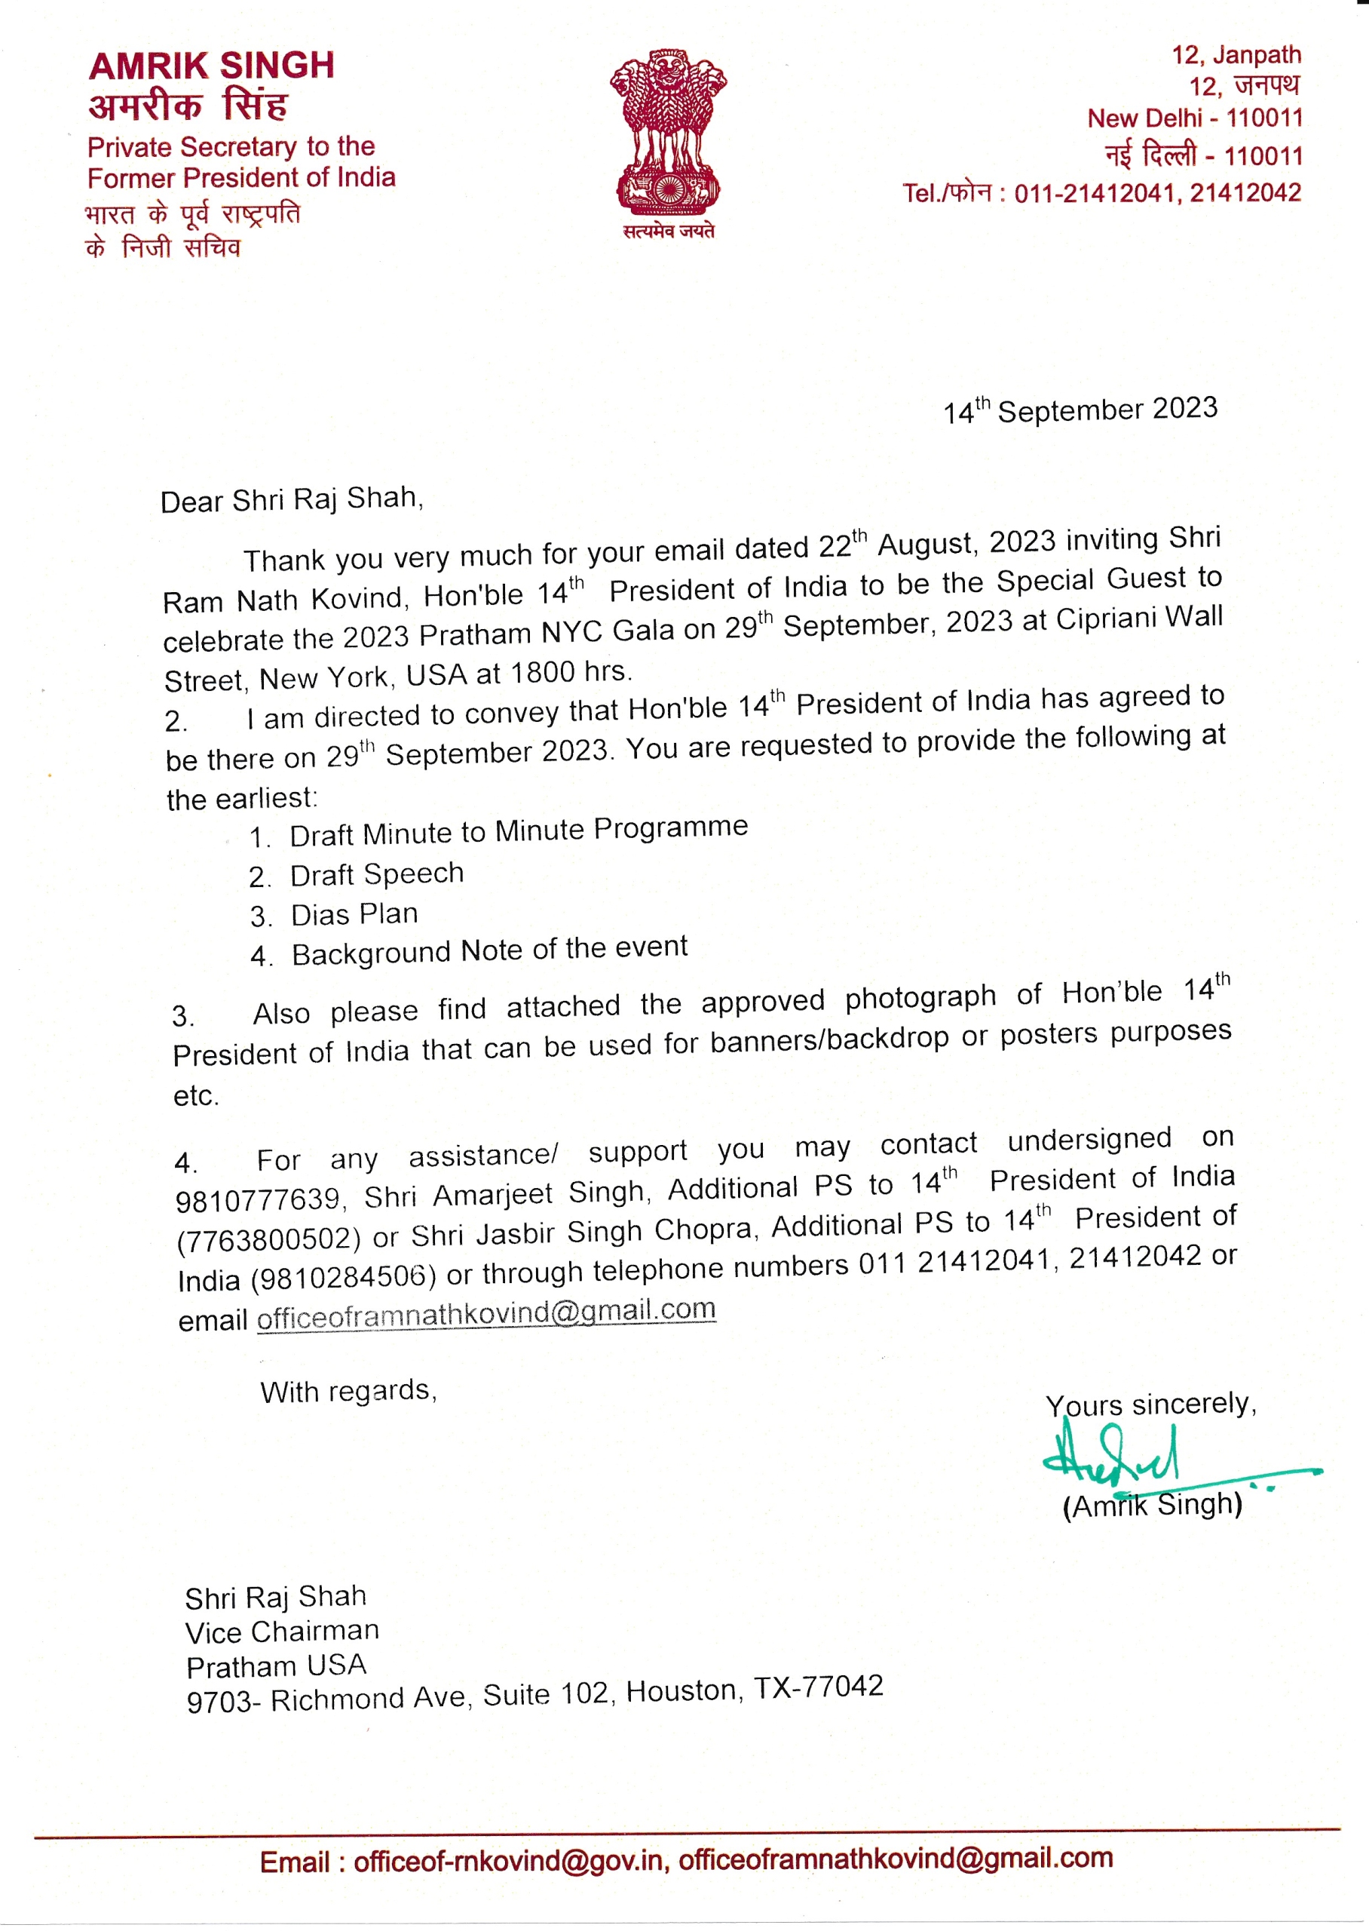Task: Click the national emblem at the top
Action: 669,131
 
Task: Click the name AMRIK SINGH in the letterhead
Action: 212,66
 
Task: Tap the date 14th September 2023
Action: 1080,410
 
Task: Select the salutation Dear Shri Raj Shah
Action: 292,499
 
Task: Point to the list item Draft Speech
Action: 377,874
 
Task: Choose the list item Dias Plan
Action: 354,914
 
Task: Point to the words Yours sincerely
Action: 1150,1404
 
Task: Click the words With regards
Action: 348,1390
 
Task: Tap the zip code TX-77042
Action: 819,1687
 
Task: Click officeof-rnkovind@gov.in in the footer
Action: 508,1860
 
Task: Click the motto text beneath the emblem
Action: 669,231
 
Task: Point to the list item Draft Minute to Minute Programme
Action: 519,831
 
